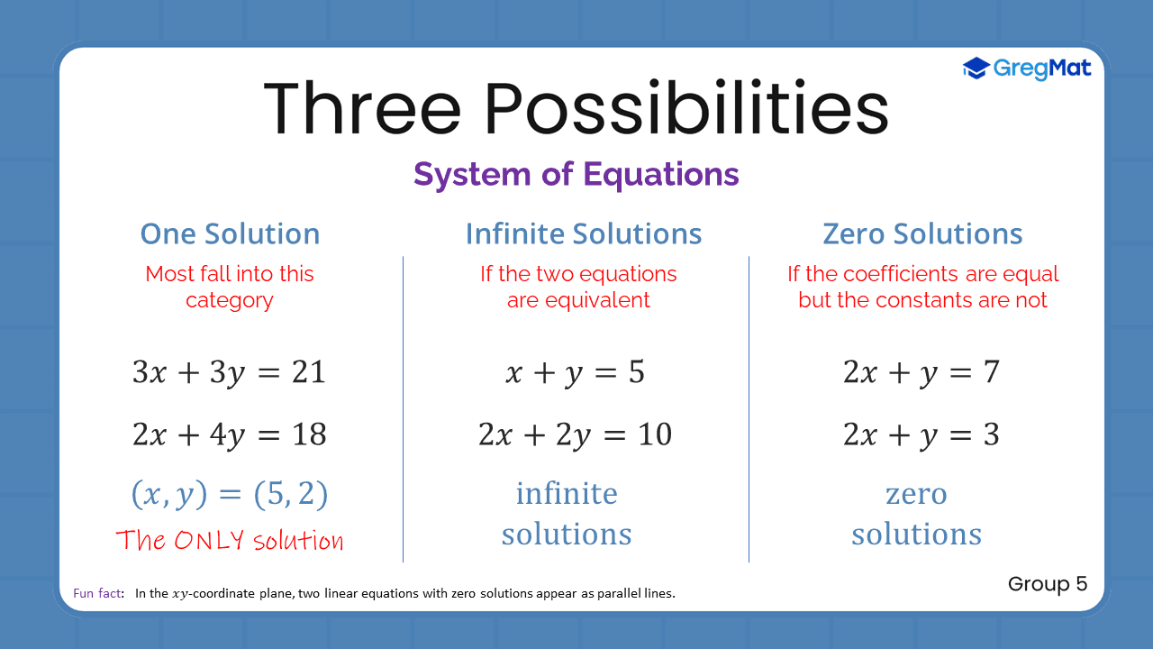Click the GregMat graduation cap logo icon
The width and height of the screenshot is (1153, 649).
pyautogui.click(x=976, y=68)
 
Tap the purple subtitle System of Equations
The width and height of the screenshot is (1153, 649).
pyautogui.click(x=576, y=174)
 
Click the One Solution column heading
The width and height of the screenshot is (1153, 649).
pyautogui.click(x=230, y=234)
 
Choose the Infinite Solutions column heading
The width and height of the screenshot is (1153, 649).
pyautogui.click(x=584, y=234)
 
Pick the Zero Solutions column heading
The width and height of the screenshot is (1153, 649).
pyautogui.click(x=922, y=234)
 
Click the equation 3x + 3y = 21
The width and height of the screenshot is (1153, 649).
pyautogui.click(x=229, y=372)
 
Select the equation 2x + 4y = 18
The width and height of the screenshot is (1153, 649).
pyautogui.click(x=229, y=435)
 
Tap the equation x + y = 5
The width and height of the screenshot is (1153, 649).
pyautogui.click(x=575, y=372)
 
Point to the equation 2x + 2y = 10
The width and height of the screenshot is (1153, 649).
pyautogui.click(x=575, y=435)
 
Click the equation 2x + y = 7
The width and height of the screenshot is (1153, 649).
pyautogui.click(x=921, y=372)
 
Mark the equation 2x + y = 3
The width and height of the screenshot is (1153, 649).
pyautogui.click(x=921, y=435)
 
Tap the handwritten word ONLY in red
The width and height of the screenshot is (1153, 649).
pyautogui.click(x=209, y=540)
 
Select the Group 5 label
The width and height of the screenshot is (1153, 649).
pyautogui.click(x=1048, y=584)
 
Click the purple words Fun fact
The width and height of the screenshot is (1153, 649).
pyautogui.click(x=98, y=594)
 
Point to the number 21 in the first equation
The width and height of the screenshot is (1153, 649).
pyautogui.click(x=308, y=372)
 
